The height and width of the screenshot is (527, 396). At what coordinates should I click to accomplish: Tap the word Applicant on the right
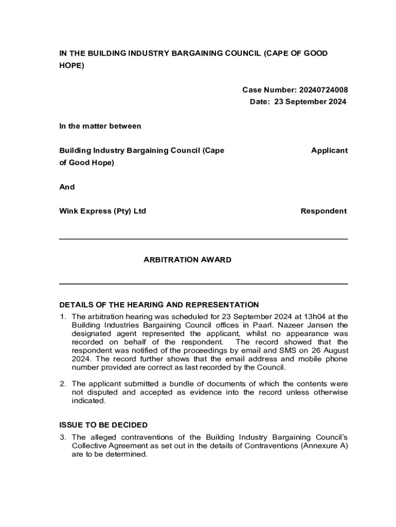(329, 151)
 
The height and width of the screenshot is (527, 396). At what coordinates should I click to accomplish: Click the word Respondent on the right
(324, 211)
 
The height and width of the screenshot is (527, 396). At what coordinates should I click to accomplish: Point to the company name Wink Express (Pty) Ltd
(102, 211)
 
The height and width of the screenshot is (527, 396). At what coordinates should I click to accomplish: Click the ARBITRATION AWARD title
(187, 260)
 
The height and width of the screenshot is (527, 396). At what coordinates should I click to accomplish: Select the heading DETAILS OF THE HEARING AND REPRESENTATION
(159, 305)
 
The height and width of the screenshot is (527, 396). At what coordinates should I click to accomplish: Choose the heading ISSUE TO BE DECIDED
(103, 425)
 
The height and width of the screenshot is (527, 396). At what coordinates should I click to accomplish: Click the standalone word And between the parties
(67, 187)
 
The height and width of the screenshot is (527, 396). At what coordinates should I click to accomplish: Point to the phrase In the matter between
(100, 126)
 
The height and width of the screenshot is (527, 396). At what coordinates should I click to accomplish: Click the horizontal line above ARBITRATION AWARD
(203, 239)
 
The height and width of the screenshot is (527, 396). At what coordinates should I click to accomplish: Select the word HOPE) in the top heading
(71, 66)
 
